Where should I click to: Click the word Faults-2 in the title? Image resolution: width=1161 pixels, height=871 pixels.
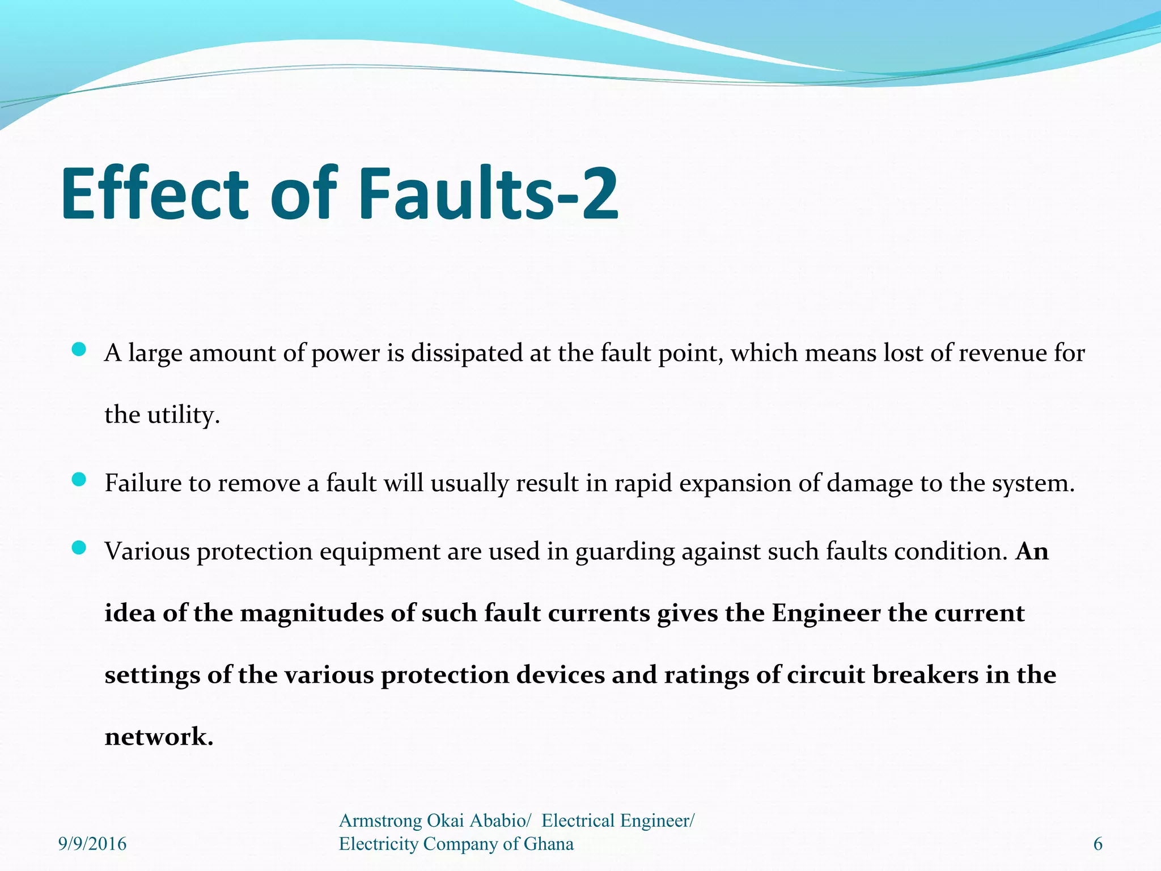click(488, 194)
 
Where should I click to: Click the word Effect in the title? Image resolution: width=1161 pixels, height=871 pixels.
click(154, 194)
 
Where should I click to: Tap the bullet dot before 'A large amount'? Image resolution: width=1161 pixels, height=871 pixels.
click(79, 350)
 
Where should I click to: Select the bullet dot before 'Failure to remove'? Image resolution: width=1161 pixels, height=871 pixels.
click(79, 480)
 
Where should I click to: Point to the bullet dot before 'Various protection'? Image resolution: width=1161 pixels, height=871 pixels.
click(79, 548)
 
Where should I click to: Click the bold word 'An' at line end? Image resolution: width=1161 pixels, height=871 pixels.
click(1032, 551)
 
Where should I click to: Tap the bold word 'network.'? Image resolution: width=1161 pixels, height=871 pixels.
click(159, 737)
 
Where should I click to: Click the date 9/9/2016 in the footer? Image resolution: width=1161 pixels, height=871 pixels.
click(92, 844)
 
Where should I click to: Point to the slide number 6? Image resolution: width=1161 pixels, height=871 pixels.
click(1098, 844)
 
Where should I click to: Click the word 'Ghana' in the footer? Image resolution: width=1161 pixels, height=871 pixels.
click(548, 844)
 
